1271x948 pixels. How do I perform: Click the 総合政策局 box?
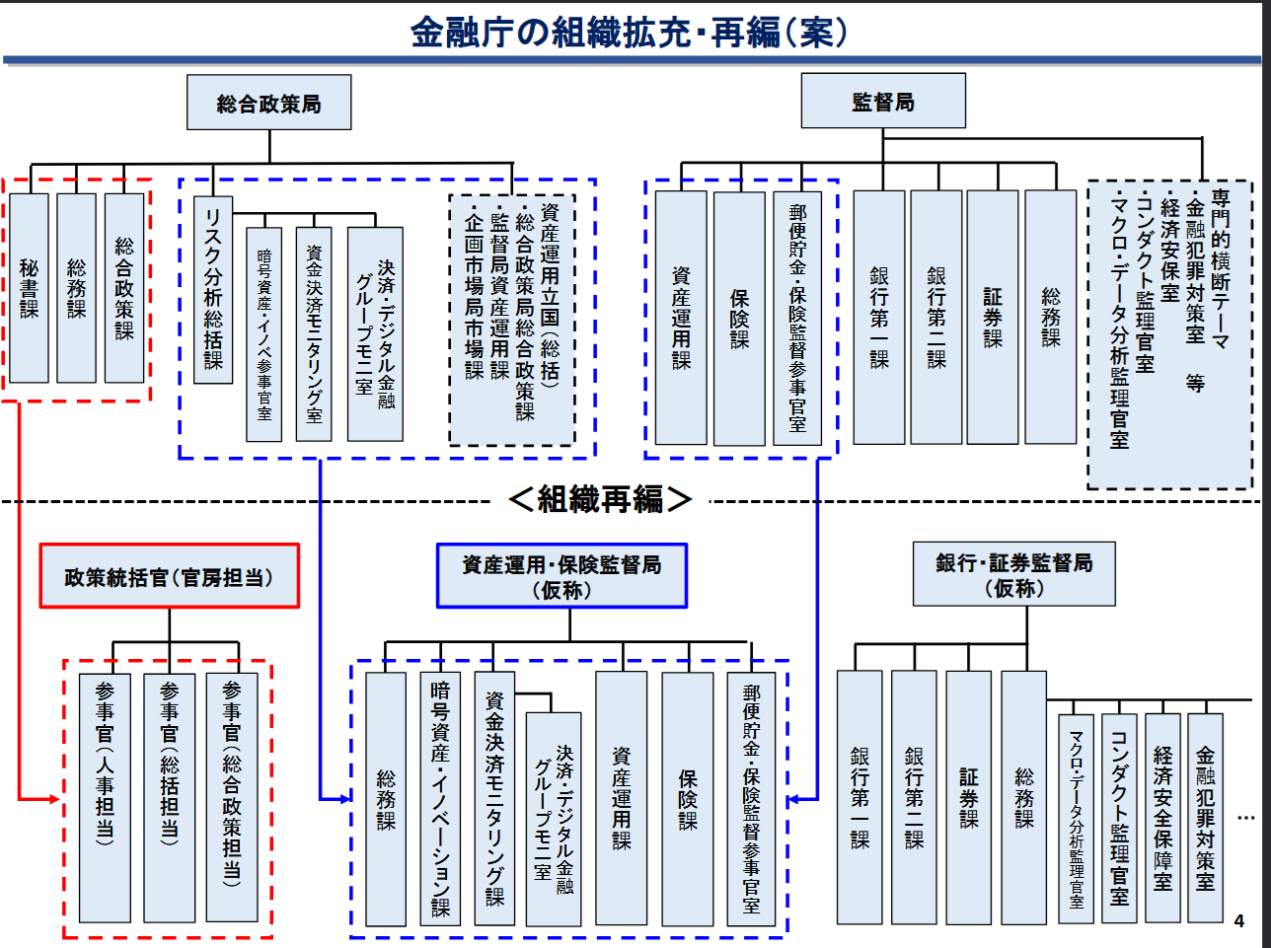pyautogui.click(x=268, y=103)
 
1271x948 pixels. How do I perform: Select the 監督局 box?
pyautogui.click(x=883, y=101)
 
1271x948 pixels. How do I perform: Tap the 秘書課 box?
pyautogui.click(x=29, y=288)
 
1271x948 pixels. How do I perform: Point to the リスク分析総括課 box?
pyautogui.click(x=213, y=290)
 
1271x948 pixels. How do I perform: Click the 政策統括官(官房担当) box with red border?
pyautogui.click(x=170, y=576)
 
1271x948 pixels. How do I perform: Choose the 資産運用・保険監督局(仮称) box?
pyautogui.click(x=561, y=576)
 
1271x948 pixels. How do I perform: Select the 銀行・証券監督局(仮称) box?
pyautogui.click(x=1013, y=574)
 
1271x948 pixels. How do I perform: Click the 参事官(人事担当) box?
pyautogui.click(x=105, y=797)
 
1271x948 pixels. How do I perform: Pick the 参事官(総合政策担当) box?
pyautogui.click(x=232, y=797)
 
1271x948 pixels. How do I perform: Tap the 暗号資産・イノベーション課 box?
pyautogui.click(x=440, y=799)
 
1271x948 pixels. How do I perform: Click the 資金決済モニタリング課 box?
pyautogui.click(x=494, y=799)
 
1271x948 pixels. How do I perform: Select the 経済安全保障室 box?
pyautogui.click(x=1162, y=818)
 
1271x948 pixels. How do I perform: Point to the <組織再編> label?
pyautogui.click(x=600, y=499)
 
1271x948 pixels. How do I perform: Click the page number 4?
pyautogui.click(x=1239, y=920)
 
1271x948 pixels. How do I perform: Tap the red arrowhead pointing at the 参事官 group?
pyautogui.click(x=55, y=799)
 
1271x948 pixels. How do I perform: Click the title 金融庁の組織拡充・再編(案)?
pyautogui.click(x=630, y=32)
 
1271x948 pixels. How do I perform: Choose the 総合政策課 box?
pyautogui.click(x=124, y=288)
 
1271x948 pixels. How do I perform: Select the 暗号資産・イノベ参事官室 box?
pyautogui.click(x=264, y=334)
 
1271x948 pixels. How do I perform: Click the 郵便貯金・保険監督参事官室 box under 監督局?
pyautogui.click(x=797, y=319)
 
